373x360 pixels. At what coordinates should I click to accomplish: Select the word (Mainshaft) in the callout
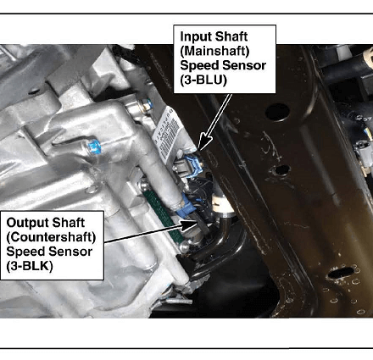(214, 51)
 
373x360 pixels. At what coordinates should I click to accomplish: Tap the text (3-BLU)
(203, 80)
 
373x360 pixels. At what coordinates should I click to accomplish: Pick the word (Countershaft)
(51, 237)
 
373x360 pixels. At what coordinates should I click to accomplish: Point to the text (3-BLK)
(30, 266)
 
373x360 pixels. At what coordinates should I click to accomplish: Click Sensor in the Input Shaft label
(246, 65)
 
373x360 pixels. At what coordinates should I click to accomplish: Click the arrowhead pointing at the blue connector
(204, 142)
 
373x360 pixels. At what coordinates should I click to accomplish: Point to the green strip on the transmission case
(162, 213)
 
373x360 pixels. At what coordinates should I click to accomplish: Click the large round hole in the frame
(277, 113)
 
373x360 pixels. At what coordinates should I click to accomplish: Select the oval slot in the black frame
(341, 273)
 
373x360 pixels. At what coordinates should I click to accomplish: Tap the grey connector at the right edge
(365, 156)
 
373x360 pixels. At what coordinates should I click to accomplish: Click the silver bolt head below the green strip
(184, 247)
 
